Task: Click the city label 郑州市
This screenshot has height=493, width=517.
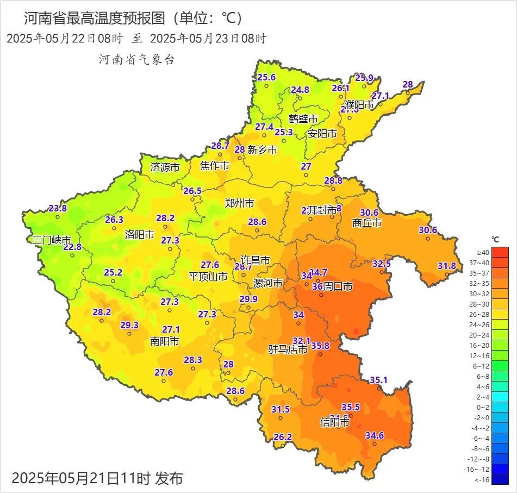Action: tap(239, 204)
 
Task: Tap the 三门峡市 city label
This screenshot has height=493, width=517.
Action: tap(52, 240)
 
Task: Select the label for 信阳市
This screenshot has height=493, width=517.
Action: tap(334, 422)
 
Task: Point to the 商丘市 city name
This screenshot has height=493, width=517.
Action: tap(366, 222)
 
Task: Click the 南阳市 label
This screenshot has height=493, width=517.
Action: tap(164, 341)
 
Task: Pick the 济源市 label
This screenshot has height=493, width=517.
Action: tap(165, 167)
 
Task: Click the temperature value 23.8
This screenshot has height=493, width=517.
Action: tap(58, 208)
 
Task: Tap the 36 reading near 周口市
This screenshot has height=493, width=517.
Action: tap(317, 286)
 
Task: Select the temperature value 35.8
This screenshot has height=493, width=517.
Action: tap(320, 346)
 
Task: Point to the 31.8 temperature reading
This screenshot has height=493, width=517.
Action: tap(447, 266)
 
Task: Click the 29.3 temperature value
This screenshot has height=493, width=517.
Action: tap(129, 325)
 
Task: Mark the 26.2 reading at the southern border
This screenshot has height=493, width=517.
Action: tap(283, 436)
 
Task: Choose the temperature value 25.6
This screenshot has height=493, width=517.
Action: tap(266, 77)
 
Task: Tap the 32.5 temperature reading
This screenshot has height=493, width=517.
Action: tap(382, 264)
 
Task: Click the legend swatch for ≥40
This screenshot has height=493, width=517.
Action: tap(500, 252)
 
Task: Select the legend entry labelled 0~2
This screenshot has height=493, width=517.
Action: tap(500, 407)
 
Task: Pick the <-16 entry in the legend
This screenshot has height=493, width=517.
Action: tap(500, 479)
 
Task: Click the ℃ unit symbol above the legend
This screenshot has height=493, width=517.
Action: tap(495, 239)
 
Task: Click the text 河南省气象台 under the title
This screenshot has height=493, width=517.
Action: tap(136, 60)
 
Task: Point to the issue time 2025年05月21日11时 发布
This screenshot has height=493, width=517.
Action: tap(97, 478)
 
